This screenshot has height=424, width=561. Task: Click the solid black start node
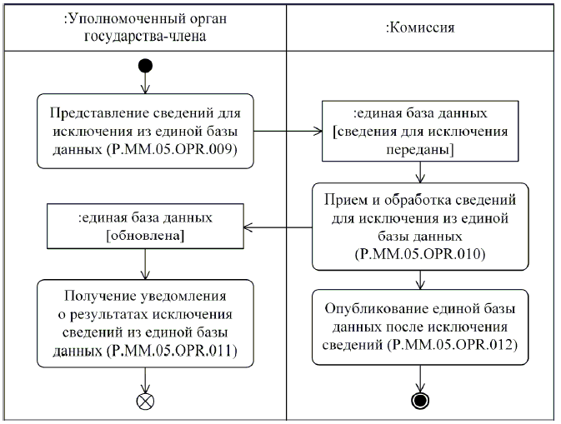[145, 64]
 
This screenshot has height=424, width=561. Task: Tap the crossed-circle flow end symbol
[145, 398]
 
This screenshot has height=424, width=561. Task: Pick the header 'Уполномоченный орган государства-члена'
[145, 27]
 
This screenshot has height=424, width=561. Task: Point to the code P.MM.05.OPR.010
[422, 250]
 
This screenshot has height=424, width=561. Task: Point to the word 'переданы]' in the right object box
[420, 149]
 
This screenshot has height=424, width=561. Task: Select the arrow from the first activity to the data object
[287, 130]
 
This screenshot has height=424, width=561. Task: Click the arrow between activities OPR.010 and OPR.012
[421, 281]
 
